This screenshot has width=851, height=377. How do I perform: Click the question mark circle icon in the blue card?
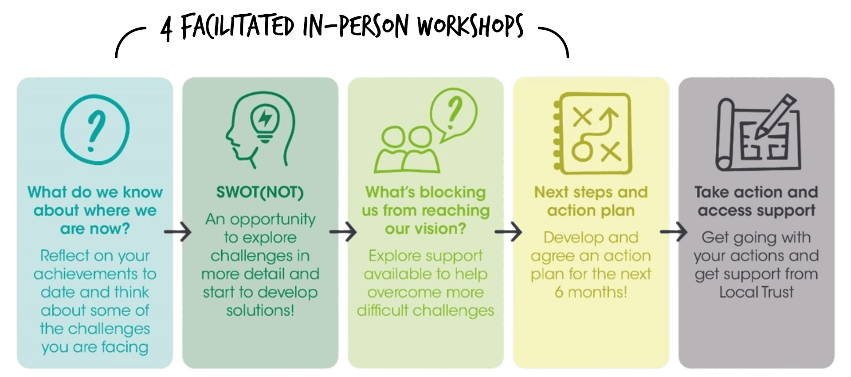click(x=95, y=129)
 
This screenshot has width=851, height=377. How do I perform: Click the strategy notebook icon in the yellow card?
click(x=592, y=133)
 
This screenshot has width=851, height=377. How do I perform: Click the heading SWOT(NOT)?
click(x=260, y=192)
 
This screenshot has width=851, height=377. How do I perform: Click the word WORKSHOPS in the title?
click(x=471, y=26)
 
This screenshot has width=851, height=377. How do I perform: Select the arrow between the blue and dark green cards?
click(x=177, y=232)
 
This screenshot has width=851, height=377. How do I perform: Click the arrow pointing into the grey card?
click(x=674, y=232)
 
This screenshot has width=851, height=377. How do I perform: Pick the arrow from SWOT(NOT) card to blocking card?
click(x=343, y=232)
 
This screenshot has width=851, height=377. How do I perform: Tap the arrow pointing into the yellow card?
click(x=508, y=232)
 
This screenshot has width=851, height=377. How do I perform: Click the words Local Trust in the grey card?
click(x=756, y=292)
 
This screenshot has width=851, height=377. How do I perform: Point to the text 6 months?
click(x=591, y=292)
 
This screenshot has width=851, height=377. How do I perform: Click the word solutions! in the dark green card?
click(x=260, y=310)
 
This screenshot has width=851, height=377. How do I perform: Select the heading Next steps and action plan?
click(x=591, y=201)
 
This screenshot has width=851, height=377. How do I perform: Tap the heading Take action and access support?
click(x=756, y=201)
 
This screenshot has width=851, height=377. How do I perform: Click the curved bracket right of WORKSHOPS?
click(x=554, y=42)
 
